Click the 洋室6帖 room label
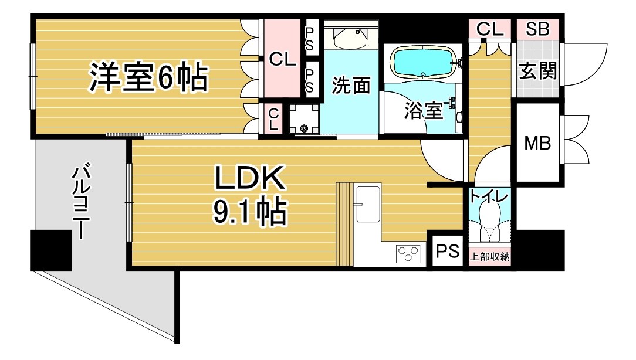click(x=148, y=77)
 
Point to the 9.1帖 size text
click(x=250, y=211)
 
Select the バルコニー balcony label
click(x=81, y=201)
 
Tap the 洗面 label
click(x=351, y=85)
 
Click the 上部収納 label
click(x=489, y=257)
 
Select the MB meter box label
click(x=537, y=142)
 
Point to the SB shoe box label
click(x=537, y=29)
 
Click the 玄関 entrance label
click(x=538, y=70)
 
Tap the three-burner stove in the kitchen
click(x=408, y=254)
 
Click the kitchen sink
click(x=368, y=205)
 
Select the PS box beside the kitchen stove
click(x=448, y=251)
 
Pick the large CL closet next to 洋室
click(x=282, y=59)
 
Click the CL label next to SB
click(x=490, y=29)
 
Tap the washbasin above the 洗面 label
click(x=351, y=38)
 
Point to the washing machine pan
click(x=304, y=119)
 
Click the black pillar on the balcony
click(x=51, y=250)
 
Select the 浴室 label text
click(x=423, y=110)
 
